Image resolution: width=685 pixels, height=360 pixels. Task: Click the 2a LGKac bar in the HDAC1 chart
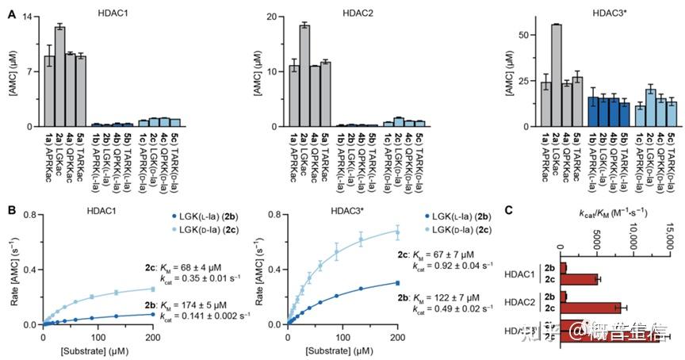[x=59, y=76]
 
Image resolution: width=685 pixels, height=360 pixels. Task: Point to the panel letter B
[x=10, y=210]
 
